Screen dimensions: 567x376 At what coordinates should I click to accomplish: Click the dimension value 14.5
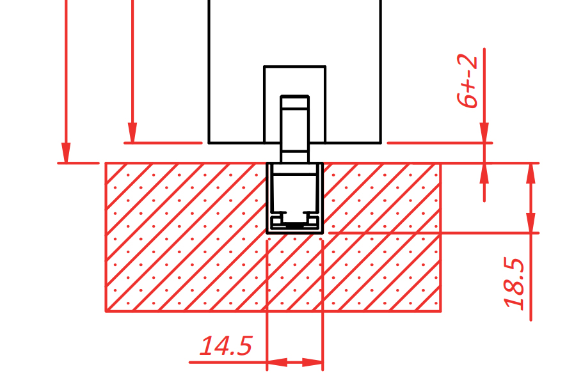pos(225,346)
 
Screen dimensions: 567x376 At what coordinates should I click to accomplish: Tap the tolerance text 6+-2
pos(467,81)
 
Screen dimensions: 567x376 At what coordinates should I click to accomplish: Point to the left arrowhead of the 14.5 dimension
pos(277,363)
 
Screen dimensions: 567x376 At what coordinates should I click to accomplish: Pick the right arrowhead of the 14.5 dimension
pos(312,363)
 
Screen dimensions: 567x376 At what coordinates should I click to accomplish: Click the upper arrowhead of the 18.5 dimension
pos(531,173)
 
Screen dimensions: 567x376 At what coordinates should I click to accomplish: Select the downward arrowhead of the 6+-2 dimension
pos(484,132)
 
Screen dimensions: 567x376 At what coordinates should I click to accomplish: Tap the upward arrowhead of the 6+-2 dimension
pos(484,173)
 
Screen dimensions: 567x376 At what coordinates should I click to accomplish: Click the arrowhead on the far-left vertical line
pos(66,153)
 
